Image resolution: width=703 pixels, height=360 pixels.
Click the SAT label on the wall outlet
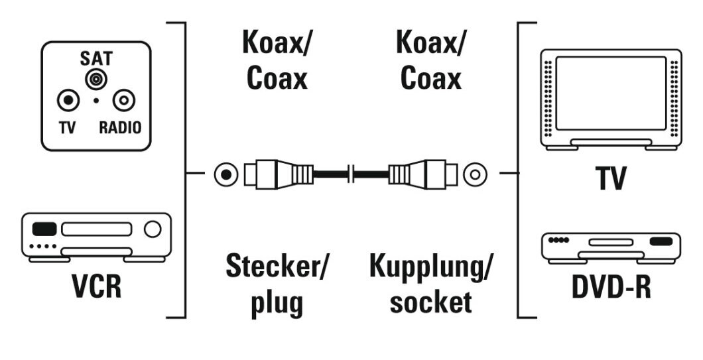97,58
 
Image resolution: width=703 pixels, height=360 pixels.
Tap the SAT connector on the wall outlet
97,80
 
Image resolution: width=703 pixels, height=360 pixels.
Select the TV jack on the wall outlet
68,101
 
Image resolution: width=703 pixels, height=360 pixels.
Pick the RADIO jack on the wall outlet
124,101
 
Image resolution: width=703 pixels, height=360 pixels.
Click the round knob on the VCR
153,229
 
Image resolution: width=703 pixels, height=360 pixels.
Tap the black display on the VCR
45,229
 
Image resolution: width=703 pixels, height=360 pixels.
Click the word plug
277,302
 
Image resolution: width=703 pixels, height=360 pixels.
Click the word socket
431,302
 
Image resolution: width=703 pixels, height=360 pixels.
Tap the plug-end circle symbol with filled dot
227,176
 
